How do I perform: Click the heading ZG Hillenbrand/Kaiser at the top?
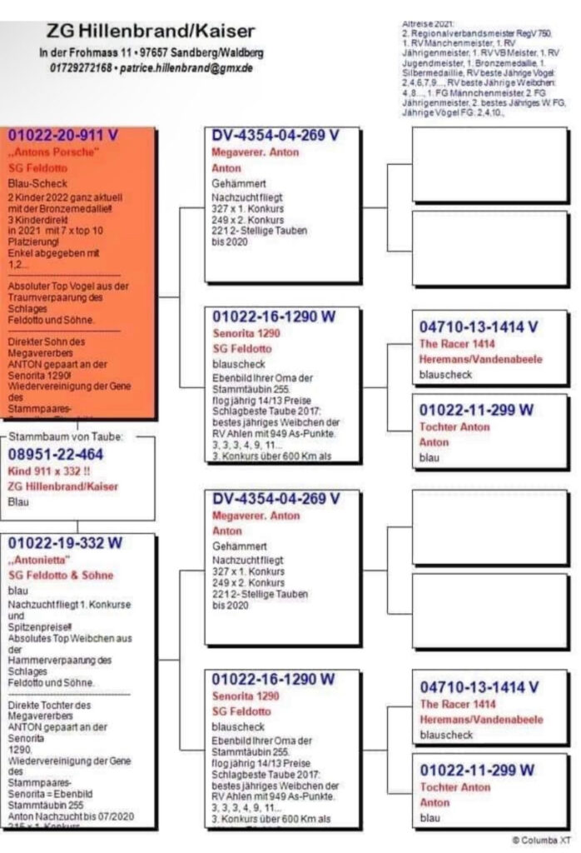(151, 32)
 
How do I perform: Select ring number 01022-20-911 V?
(63, 135)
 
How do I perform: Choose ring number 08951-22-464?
(56, 455)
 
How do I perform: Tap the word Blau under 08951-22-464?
(17, 502)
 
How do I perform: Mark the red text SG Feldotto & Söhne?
(60, 576)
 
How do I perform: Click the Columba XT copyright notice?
(541, 840)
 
